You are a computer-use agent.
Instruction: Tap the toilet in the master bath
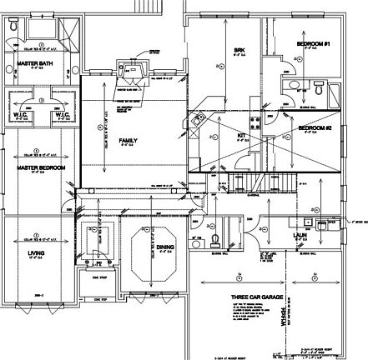[14, 27]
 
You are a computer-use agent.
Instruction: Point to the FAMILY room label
[128, 139]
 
